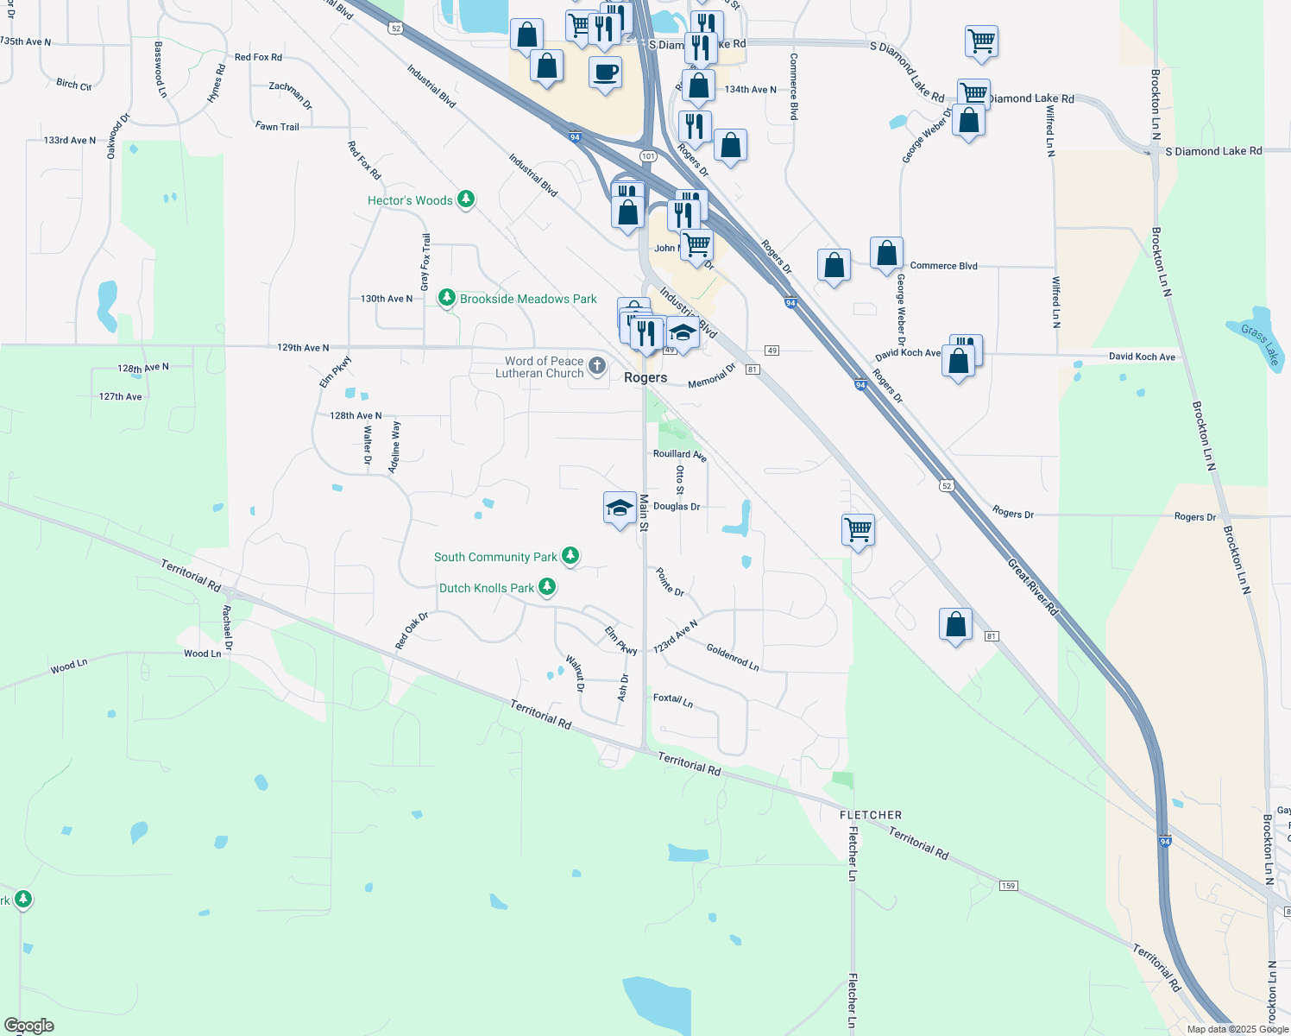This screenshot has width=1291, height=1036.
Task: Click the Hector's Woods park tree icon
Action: [x=466, y=200]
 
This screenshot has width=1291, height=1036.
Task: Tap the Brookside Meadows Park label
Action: [x=528, y=299]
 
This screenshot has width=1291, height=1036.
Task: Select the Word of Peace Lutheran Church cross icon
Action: [x=597, y=367]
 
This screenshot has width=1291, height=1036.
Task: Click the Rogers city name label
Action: [x=645, y=378]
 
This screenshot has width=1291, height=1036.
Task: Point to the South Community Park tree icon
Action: [x=570, y=556]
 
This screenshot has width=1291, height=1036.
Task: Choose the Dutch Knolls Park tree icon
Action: [x=547, y=587]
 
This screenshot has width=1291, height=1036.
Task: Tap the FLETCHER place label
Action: [x=871, y=815]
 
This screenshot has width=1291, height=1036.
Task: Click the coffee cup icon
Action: [x=606, y=73]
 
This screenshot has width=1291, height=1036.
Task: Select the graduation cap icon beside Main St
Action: [x=620, y=509]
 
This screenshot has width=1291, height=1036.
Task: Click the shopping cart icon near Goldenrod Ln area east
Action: [x=858, y=528]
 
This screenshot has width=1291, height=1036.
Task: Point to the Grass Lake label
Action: [x=1259, y=344]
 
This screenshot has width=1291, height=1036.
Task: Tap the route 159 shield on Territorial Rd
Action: [x=1008, y=886]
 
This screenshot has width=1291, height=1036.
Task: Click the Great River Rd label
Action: [x=1032, y=587]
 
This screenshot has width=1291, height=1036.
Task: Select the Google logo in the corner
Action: [x=28, y=1026]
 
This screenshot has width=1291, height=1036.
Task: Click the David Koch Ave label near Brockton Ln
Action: [x=1142, y=357]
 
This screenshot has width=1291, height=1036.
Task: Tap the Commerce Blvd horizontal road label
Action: [x=943, y=266]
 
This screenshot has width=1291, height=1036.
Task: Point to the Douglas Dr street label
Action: [x=677, y=507]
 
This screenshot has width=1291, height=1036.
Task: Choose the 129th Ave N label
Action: [x=303, y=348]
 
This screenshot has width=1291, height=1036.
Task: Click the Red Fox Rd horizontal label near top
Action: [x=258, y=57]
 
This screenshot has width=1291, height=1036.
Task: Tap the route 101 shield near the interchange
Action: [x=648, y=156]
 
